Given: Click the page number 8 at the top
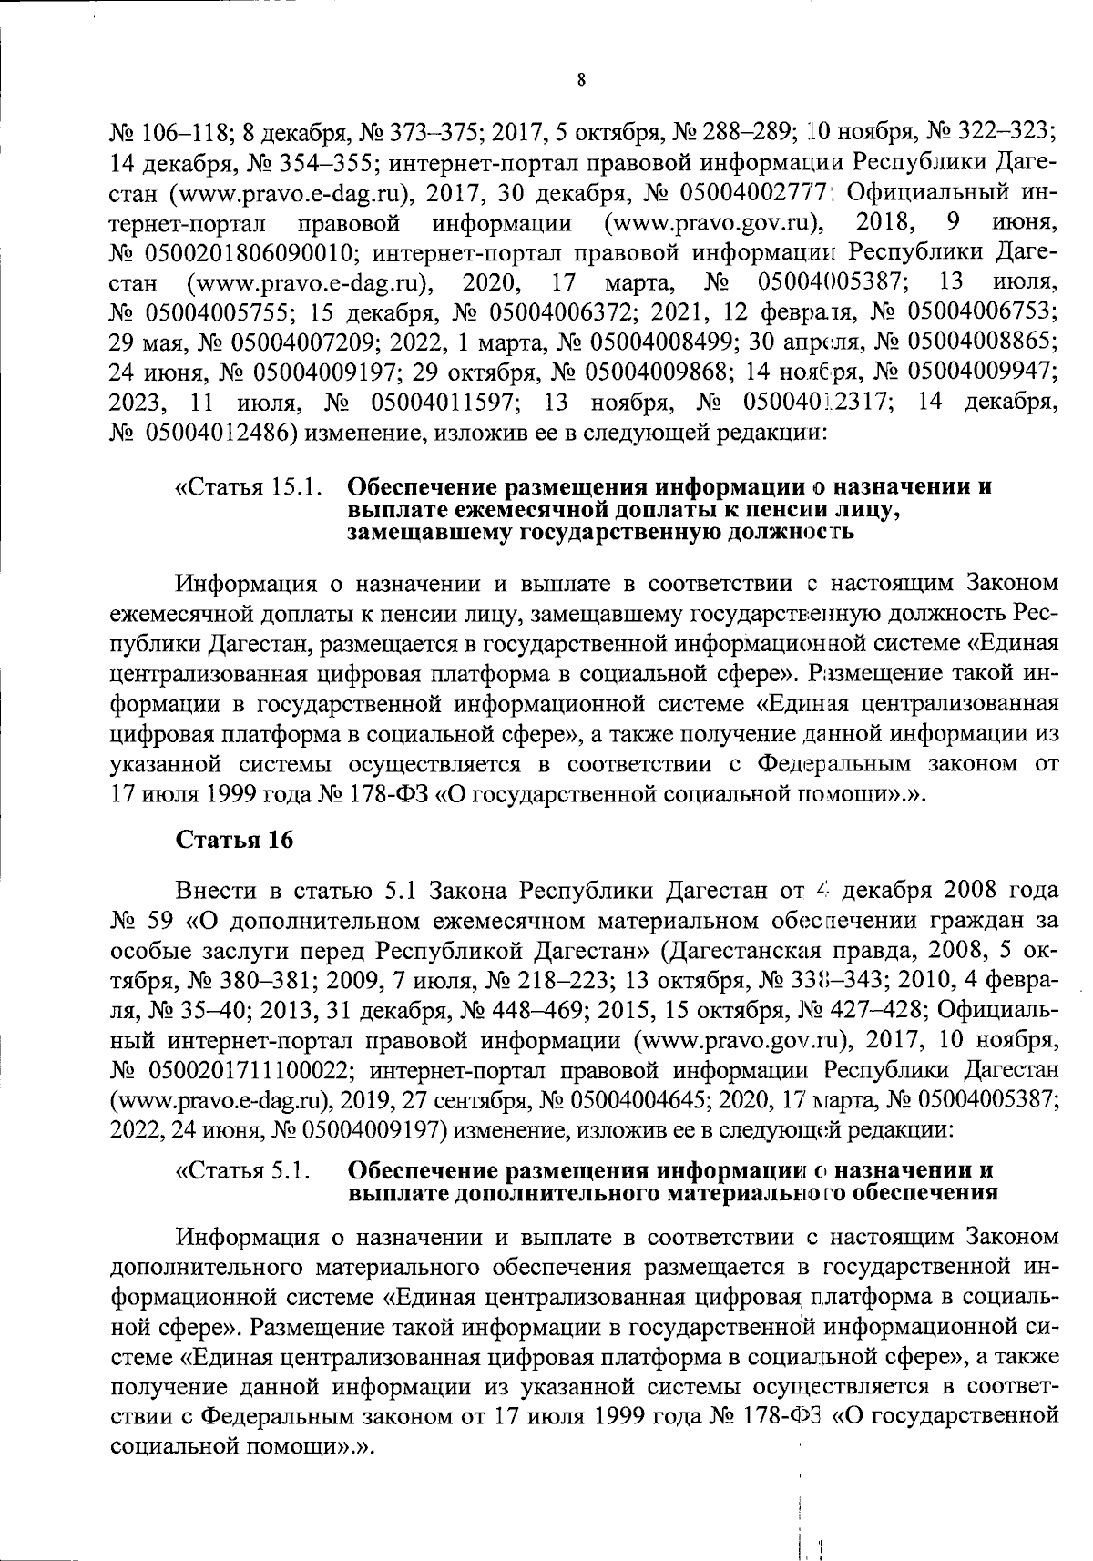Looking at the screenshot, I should pyautogui.click(x=581, y=80).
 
